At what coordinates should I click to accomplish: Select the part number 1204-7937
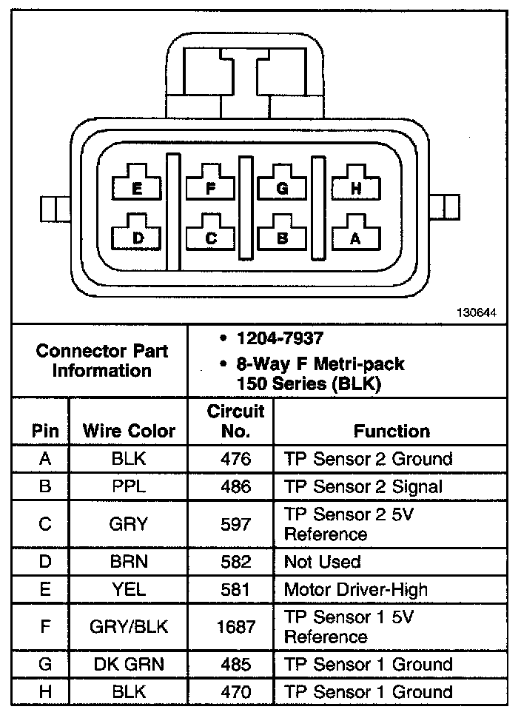pyautogui.click(x=280, y=338)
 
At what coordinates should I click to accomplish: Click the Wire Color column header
pyautogui.click(x=129, y=431)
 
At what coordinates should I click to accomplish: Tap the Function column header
pyautogui.click(x=391, y=431)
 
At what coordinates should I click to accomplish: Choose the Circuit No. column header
pyautogui.click(x=235, y=421)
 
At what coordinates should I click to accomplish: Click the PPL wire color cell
pyautogui.click(x=129, y=486)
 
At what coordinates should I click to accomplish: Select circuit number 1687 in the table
pyautogui.click(x=235, y=626)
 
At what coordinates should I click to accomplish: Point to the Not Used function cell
pyautogui.click(x=322, y=562)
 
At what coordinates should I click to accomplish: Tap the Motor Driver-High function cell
pyautogui.click(x=356, y=589)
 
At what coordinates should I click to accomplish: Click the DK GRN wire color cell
pyautogui.click(x=129, y=664)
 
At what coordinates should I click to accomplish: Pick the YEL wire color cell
pyautogui.click(x=129, y=589)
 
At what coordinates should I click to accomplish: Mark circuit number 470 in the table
pyautogui.click(x=235, y=691)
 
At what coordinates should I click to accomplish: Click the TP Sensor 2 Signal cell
pyautogui.click(x=363, y=486)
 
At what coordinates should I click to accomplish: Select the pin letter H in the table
pyautogui.click(x=45, y=691)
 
